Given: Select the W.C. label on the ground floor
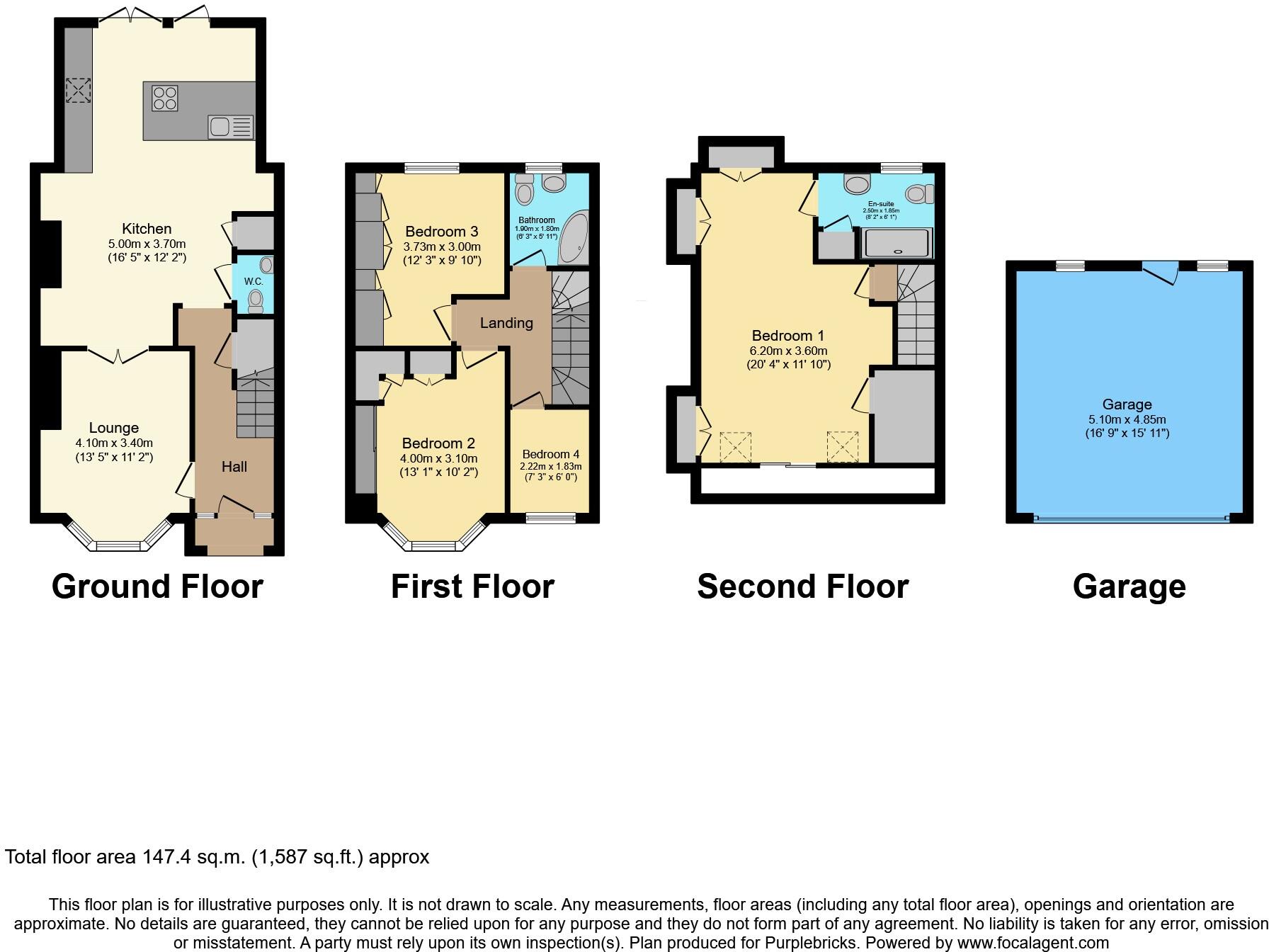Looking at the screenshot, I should click(x=254, y=281).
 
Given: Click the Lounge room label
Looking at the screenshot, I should click(x=114, y=428).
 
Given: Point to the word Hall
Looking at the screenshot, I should click(x=234, y=466).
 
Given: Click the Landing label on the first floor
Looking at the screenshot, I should click(x=506, y=323).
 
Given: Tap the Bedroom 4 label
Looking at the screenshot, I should click(x=550, y=454).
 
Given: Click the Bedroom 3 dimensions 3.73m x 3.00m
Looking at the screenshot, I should click(x=442, y=247).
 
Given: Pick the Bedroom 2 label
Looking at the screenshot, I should click(x=438, y=443).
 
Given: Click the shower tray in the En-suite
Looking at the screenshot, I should click(x=897, y=243).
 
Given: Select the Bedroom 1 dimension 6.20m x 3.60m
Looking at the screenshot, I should click(x=789, y=351).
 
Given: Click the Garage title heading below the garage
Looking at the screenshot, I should click(x=1129, y=586).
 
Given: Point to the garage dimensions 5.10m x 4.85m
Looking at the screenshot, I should click(x=1127, y=419).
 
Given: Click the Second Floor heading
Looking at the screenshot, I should click(x=802, y=586).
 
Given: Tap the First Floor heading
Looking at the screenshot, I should click(x=472, y=586).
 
